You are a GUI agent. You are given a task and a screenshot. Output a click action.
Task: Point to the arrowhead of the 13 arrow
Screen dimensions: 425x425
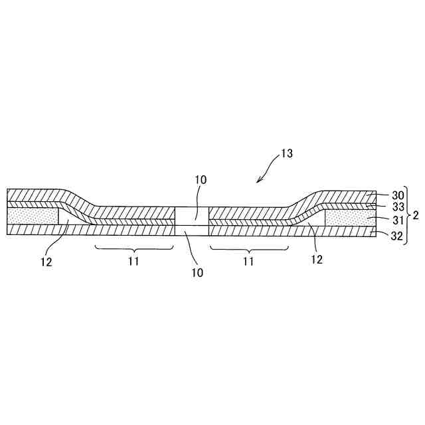(x=260, y=181)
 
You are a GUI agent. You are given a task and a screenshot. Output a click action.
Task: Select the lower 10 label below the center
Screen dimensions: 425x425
(x=197, y=272)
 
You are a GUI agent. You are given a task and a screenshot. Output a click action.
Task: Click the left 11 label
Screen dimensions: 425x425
(x=133, y=262)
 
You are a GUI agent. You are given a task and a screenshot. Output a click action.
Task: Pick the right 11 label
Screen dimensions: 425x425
(x=248, y=262)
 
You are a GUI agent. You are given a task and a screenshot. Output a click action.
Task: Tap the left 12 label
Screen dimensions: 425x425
(x=46, y=262)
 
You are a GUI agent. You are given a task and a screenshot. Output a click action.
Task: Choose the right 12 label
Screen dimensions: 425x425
(x=317, y=259)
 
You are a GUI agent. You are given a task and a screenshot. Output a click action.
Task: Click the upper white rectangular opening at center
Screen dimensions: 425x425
(x=192, y=215)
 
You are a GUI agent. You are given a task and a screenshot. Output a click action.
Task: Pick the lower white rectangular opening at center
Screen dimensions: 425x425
(x=192, y=230)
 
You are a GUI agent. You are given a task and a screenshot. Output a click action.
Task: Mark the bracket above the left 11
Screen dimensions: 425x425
(x=133, y=249)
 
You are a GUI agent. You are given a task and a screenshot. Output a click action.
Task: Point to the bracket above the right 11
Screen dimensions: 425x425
(x=249, y=249)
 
